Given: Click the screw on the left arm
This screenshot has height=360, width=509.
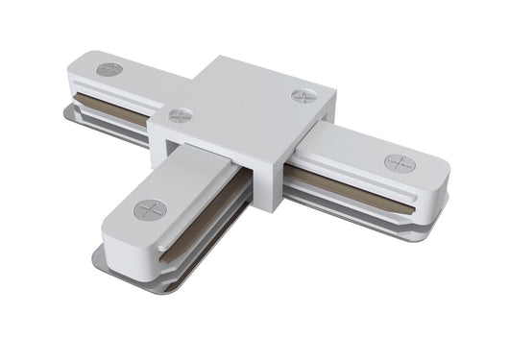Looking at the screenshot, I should [109, 69].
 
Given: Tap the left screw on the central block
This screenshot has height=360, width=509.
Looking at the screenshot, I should [180, 116].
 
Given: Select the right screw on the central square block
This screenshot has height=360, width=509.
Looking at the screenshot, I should [303, 96].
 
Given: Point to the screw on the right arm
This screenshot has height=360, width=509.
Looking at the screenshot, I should [400, 162].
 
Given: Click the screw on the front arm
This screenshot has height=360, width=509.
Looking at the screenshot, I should [150, 210].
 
